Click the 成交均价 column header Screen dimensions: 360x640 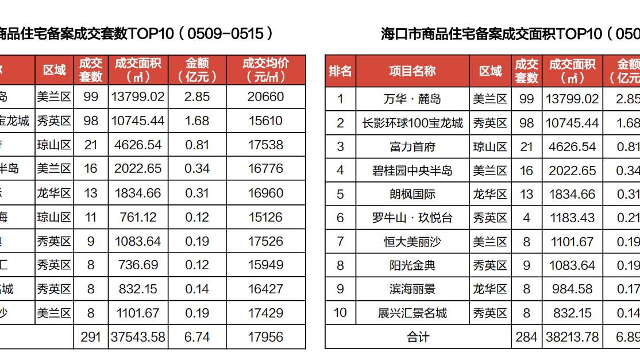tap(265, 70)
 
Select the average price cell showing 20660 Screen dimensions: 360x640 tap(265, 96)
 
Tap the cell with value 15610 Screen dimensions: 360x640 tap(265, 121)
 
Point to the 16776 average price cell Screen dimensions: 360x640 tap(265, 169)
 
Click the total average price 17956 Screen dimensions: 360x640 tap(265, 337)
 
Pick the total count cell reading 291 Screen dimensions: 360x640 tap(91, 337)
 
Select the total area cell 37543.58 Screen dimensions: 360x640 tap(138, 337)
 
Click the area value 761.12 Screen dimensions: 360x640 tap(138, 217)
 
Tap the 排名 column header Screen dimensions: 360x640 tap(340, 71)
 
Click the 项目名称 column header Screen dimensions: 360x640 tap(412, 71)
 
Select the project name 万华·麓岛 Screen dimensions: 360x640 tap(412, 99)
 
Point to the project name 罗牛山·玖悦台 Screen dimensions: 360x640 tap(412, 218)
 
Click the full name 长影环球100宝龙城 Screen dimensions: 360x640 tap(412, 123)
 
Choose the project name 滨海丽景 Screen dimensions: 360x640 tap(412, 289)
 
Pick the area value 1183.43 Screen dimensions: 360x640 tap(572, 218)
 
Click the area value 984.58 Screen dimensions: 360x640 tap(572, 289)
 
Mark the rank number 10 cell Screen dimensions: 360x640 tap(340, 313)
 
